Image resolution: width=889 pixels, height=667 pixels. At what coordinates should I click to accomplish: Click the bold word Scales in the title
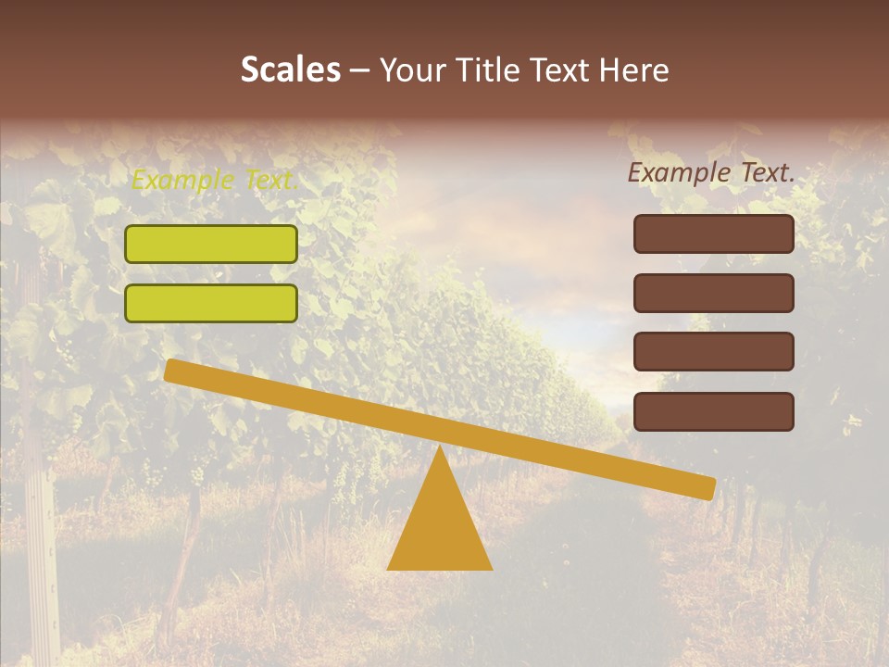click(x=290, y=70)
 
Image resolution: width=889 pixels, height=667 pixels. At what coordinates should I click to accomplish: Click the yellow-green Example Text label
click(x=215, y=180)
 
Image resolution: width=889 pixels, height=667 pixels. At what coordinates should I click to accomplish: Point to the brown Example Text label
click(x=711, y=172)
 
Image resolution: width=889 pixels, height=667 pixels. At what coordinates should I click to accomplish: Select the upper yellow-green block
click(x=211, y=244)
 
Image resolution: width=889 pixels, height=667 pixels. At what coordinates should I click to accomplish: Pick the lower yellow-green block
click(x=211, y=303)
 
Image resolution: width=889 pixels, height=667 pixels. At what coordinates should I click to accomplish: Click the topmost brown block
click(x=714, y=233)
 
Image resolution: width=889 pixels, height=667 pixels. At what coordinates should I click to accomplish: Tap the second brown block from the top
click(x=714, y=293)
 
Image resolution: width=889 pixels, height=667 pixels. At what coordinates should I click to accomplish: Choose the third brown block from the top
click(x=714, y=352)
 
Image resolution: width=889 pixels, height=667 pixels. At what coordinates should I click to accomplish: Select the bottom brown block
click(x=714, y=411)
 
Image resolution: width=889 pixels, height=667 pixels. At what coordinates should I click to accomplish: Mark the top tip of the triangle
click(x=439, y=449)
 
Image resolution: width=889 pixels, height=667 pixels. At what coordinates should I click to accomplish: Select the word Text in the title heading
click(x=559, y=70)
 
